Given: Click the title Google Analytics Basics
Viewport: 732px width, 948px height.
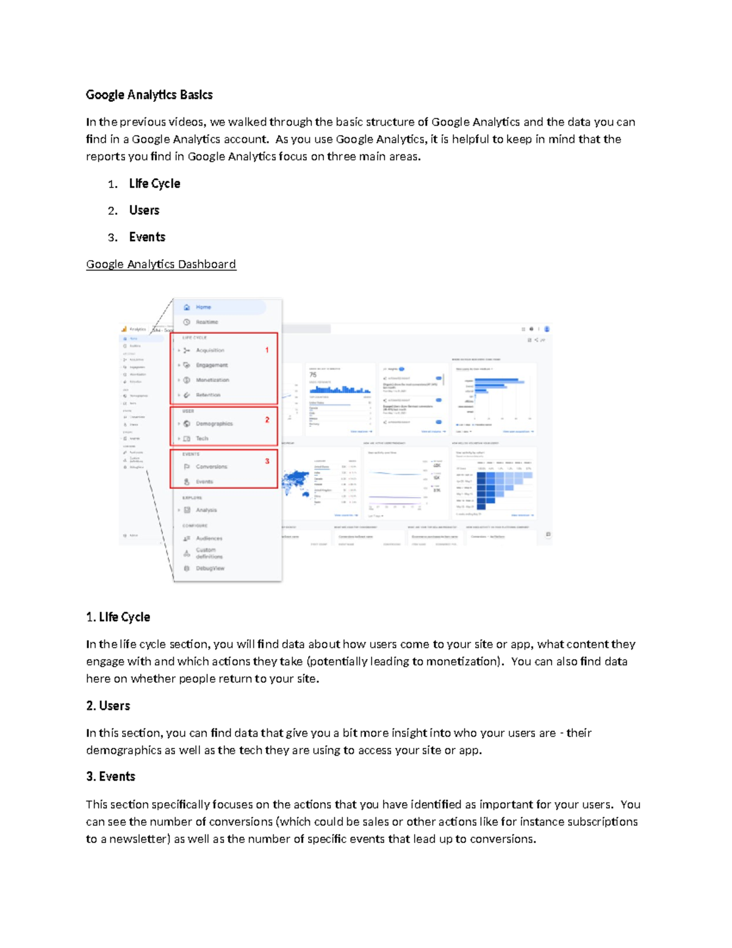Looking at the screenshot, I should pyautogui.click(x=149, y=95).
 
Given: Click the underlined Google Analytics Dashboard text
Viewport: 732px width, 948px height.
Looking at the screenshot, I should pyautogui.click(x=161, y=264).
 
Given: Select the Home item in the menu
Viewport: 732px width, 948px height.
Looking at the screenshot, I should pyautogui.click(x=203, y=307).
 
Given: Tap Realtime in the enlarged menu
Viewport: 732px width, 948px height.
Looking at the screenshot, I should pyautogui.click(x=207, y=322).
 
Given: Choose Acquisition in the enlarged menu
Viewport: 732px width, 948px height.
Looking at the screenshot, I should pyautogui.click(x=210, y=350).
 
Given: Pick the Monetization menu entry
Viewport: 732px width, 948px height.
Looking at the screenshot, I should pyautogui.click(x=212, y=380).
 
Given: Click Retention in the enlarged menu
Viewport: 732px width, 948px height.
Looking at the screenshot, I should pyautogui.click(x=208, y=395).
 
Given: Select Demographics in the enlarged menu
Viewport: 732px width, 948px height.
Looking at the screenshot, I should pyautogui.click(x=214, y=424).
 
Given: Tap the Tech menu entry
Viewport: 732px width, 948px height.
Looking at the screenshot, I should pyautogui.click(x=202, y=438).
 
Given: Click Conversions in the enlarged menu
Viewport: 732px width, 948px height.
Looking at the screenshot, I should pyautogui.click(x=211, y=466).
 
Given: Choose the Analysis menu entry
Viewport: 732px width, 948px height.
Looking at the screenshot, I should pyautogui.click(x=206, y=510).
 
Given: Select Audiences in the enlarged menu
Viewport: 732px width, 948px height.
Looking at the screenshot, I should pyautogui.click(x=209, y=538).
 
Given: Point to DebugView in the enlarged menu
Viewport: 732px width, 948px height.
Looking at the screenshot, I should pyautogui.click(x=210, y=568).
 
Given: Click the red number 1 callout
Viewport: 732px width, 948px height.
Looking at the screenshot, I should pyautogui.click(x=267, y=350).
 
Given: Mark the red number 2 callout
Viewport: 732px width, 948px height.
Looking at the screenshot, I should pyautogui.click(x=267, y=420).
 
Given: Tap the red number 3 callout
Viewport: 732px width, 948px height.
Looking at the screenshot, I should pyautogui.click(x=267, y=461).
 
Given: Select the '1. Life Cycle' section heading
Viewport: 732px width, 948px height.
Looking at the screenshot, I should pyautogui.click(x=118, y=617).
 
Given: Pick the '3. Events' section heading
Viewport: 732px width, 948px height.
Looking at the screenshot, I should pyautogui.click(x=110, y=776).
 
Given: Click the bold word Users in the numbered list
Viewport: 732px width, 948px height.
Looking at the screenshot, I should pyautogui.click(x=144, y=211).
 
